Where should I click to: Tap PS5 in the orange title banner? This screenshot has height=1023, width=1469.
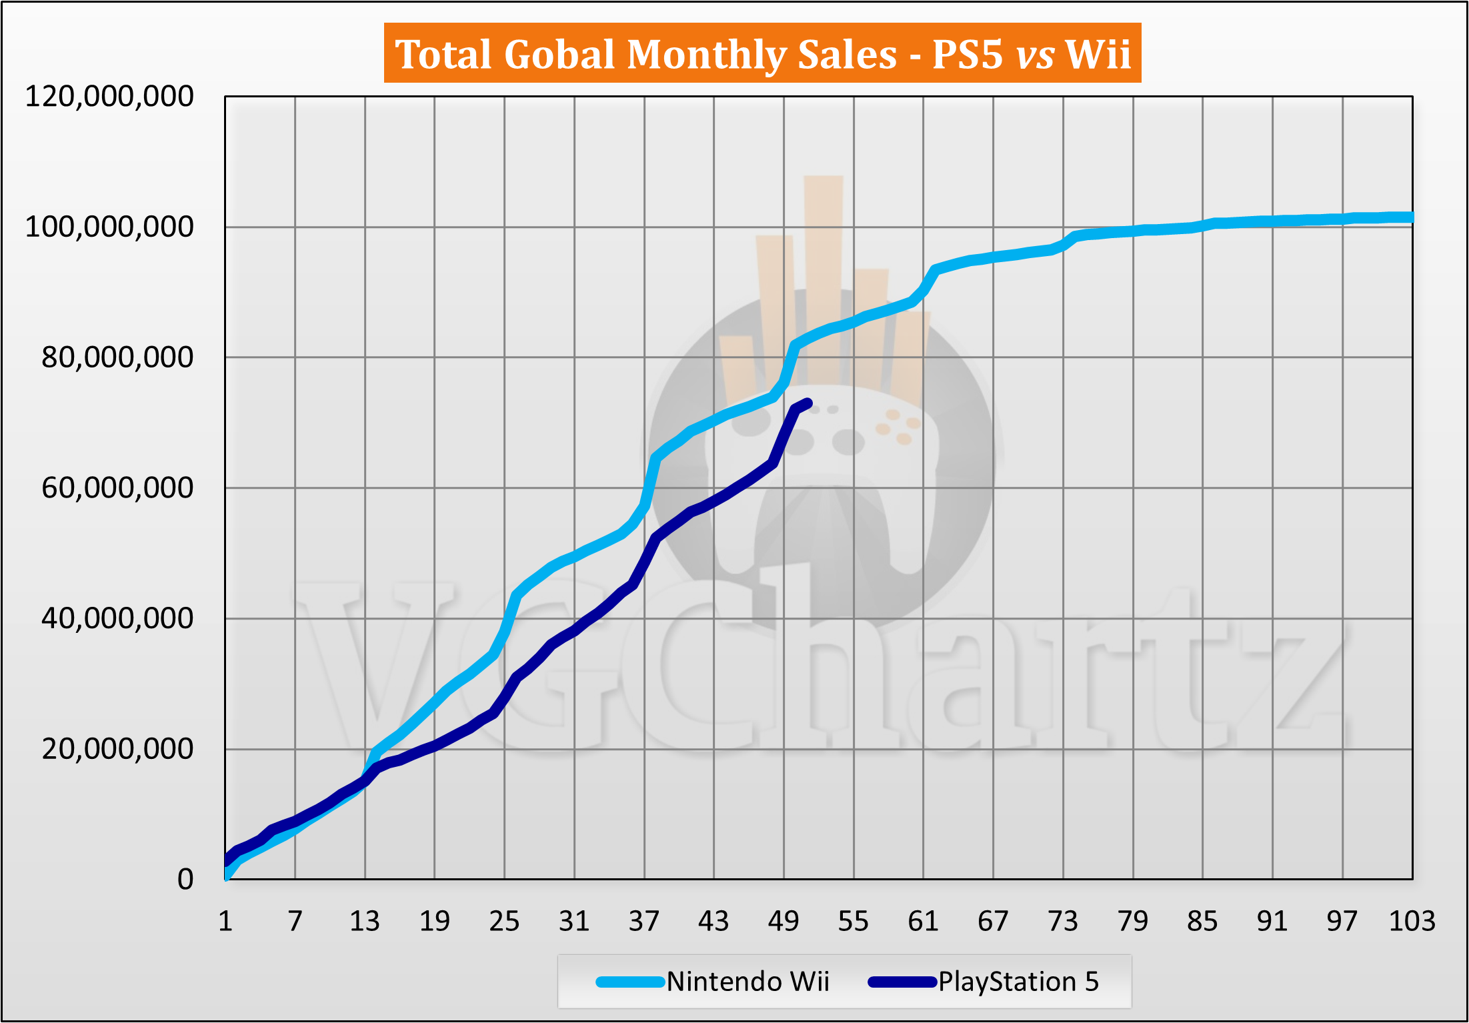tap(967, 54)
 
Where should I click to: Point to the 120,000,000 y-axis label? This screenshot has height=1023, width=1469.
tap(109, 97)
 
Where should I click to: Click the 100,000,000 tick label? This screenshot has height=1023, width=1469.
tap(109, 227)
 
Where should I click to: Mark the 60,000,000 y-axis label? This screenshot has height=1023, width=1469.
tap(117, 488)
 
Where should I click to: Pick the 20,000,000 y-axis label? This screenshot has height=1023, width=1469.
tap(117, 749)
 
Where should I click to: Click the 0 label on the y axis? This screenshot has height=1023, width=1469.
tap(185, 880)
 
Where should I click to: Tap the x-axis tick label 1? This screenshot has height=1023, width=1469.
tap(225, 922)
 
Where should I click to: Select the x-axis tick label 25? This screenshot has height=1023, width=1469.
tap(504, 922)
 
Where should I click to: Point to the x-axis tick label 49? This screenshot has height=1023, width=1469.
tap(784, 922)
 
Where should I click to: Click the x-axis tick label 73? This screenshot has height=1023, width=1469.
tap(1063, 922)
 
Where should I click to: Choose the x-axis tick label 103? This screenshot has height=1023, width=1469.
tap(1412, 922)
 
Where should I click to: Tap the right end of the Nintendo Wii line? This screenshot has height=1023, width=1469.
tap(1411, 217)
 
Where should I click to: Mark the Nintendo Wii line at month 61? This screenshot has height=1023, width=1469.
tap(924, 291)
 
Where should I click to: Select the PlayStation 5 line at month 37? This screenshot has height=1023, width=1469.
tap(645, 564)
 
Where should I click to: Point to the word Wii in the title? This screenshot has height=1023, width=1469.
tap(1098, 54)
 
